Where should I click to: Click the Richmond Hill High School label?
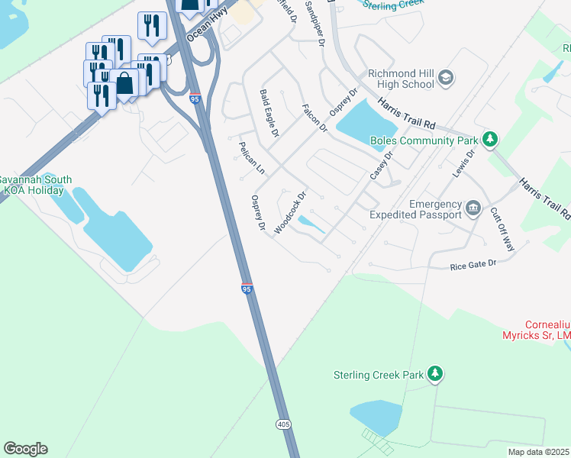[401, 79]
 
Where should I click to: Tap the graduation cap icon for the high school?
[447, 79]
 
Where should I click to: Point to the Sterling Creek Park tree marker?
[435, 374]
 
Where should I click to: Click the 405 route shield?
[282, 423]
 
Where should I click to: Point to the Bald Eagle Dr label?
[268, 113]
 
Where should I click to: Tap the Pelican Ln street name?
[251, 157]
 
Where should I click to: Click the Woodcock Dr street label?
[290, 213]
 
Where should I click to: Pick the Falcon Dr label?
[314, 119]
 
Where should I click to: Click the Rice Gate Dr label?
[473, 264]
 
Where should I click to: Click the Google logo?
[25, 449]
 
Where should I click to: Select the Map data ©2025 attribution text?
[538, 452]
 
